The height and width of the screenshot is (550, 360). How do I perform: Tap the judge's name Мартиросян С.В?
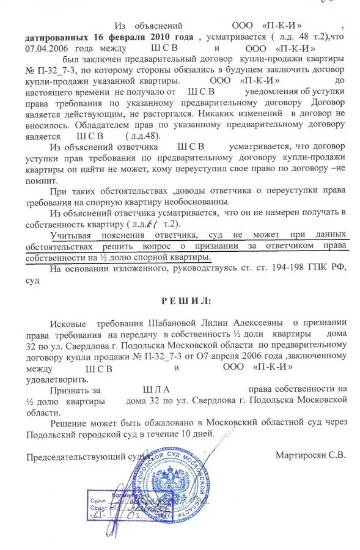pos(310,455)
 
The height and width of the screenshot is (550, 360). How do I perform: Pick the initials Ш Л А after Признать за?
pos(155,389)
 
